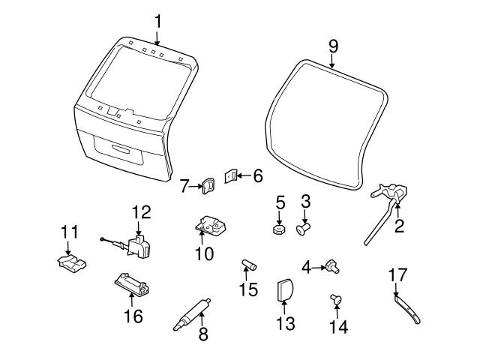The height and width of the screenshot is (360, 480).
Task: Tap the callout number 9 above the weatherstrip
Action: pyautogui.click(x=333, y=45)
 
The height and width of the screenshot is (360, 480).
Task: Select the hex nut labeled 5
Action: pyautogui.click(x=278, y=229)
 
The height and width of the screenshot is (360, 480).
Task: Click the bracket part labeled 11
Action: pyautogui.click(x=69, y=262)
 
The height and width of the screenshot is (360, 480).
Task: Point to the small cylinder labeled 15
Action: pyautogui.click(x=249, y=265)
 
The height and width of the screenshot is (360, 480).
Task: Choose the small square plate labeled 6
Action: pyautogui.click(x=232, y=177)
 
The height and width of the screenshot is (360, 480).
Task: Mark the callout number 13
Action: pyautogui.click(x=285, y=324)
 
